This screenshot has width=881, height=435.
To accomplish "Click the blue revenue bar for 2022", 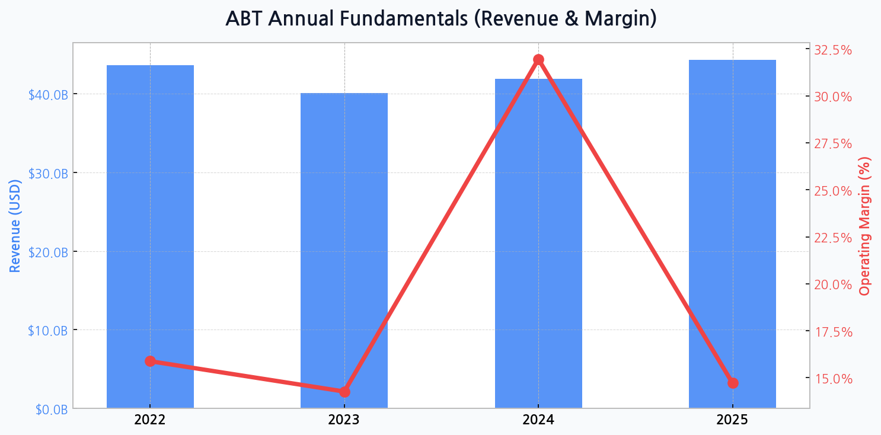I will [150, 237].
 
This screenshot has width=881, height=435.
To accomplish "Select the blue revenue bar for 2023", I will [344, 249].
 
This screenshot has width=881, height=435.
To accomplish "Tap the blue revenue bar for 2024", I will [538, 243].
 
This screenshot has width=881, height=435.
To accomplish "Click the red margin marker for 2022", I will [150, 362].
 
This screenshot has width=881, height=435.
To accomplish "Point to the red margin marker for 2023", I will [344, 392].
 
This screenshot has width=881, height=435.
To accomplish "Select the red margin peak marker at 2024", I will [538, 59].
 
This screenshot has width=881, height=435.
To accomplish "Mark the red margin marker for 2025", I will [733, 383].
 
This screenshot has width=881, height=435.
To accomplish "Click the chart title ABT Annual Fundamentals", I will [440, 19].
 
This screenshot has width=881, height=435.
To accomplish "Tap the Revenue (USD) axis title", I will [15, 225].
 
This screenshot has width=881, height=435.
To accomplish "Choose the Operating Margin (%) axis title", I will [865, 226].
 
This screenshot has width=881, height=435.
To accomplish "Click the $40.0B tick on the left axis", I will [48, 95].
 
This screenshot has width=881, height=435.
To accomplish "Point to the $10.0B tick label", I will [48, 331].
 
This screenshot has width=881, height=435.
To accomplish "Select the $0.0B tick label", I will [51, 410].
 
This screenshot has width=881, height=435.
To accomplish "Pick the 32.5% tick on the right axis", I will [833, 50].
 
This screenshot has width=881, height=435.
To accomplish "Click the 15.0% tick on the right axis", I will [833, 379].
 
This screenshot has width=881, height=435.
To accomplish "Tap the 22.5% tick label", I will [833, 238].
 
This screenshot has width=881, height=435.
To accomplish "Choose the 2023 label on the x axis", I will [344, 421].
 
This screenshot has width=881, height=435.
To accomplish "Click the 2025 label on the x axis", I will [732, 421].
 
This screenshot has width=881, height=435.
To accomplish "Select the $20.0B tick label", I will [48, 252].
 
